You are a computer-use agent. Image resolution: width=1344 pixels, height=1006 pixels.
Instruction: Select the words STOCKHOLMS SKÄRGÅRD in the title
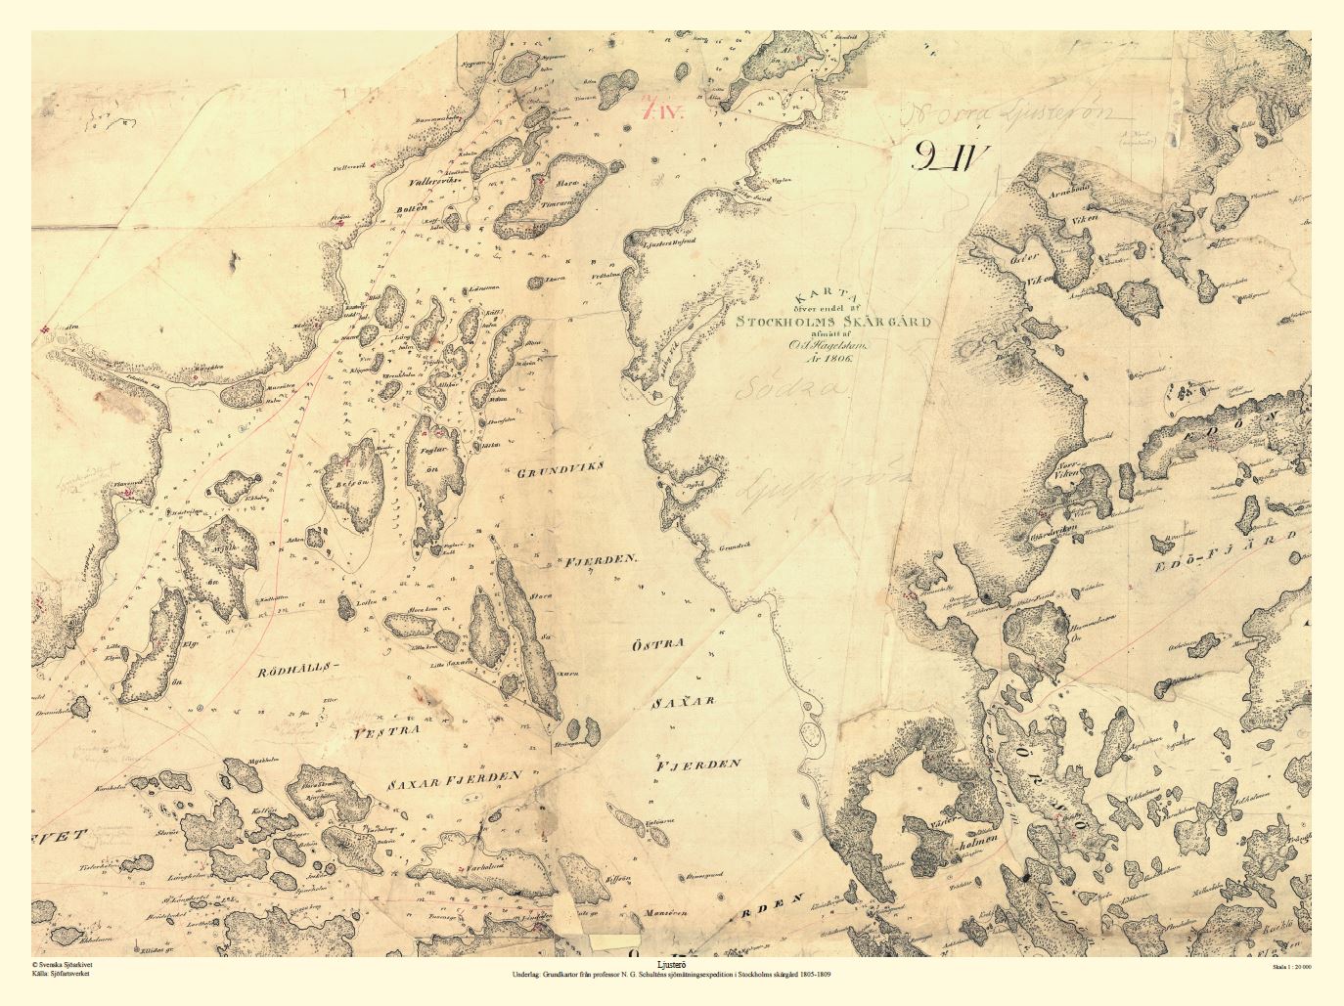(834, 320)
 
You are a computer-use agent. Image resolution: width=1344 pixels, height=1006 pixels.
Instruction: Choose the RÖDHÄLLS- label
(296, 671)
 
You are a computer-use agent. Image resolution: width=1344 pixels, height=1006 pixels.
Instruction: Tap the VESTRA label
(388, 729)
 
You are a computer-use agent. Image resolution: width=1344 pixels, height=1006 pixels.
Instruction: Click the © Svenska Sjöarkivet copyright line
(65, 965)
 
